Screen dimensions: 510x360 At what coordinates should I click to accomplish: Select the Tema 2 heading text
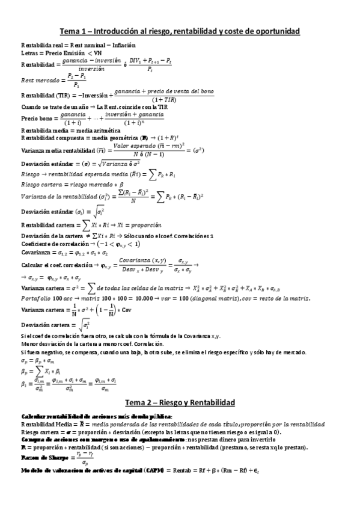180,402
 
